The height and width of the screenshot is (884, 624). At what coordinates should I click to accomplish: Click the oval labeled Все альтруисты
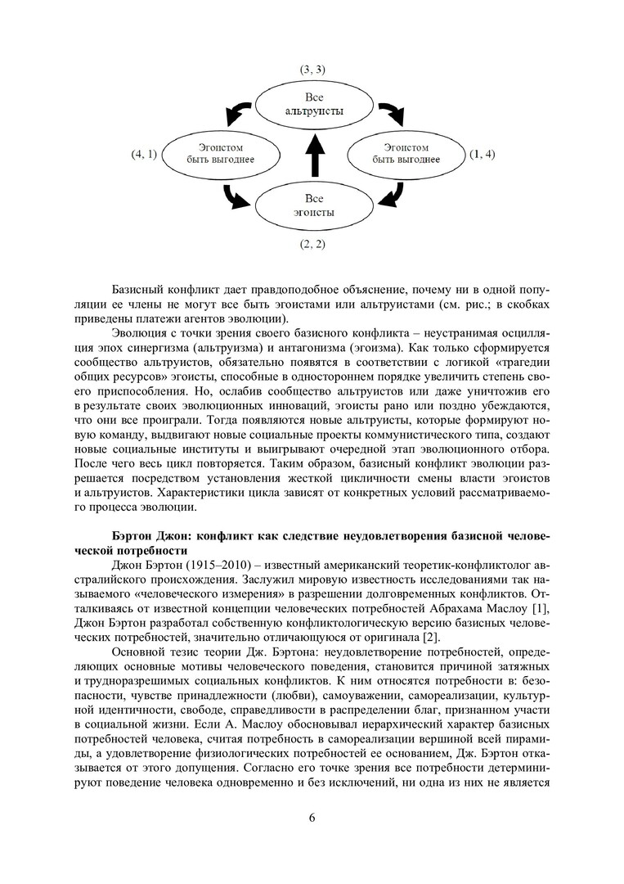[315, 103]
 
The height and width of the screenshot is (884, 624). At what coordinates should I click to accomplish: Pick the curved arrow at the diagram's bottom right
[393, 195]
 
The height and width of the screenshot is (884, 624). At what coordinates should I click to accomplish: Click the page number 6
[312, 819]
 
